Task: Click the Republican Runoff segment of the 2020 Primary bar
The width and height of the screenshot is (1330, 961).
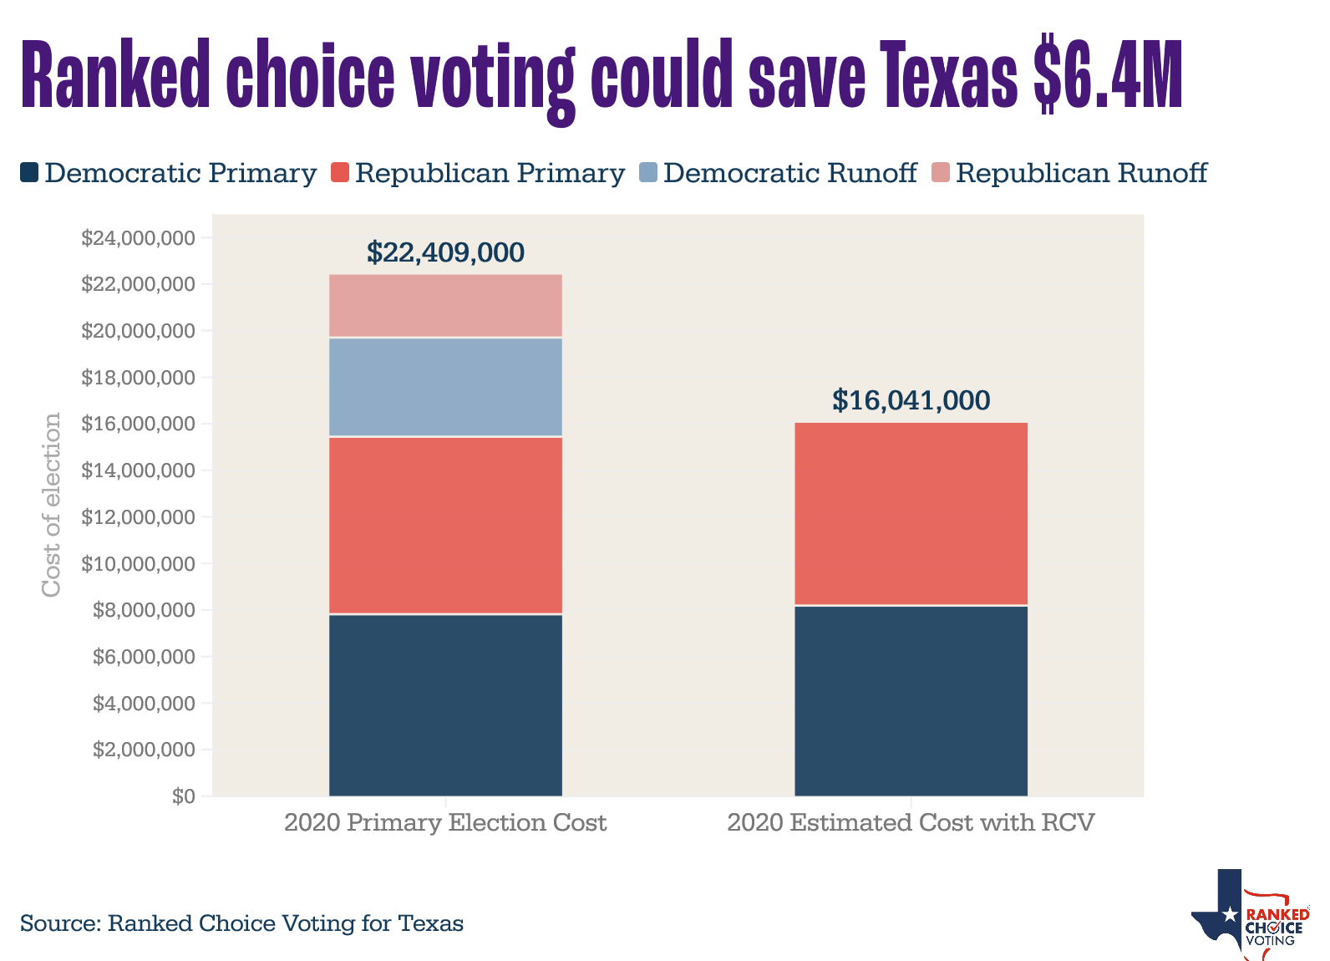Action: (445, 306)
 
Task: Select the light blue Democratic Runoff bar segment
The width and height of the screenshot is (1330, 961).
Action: (445, 387)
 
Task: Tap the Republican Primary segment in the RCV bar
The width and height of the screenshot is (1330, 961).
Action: (911, 513)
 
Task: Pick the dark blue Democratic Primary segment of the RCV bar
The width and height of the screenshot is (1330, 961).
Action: (911, 700)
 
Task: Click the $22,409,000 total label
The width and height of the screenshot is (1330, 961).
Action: (445, 252)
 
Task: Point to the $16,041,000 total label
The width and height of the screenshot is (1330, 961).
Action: (911, 401)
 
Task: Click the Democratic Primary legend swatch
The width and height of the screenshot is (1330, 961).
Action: (29, 173)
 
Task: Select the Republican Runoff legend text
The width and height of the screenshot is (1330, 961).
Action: (1081, 173)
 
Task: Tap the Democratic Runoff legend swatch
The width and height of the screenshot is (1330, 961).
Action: (648, 173)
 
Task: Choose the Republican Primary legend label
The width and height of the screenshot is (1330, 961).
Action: (490, 173)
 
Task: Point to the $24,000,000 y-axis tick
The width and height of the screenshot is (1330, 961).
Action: (138, 239)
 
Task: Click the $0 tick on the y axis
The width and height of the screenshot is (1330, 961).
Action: (184, 796)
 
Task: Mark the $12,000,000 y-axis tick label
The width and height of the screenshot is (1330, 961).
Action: (138, 517)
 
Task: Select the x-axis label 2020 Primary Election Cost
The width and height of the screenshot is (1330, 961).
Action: (445, 823)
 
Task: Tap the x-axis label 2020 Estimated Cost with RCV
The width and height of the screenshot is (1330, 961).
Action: (911, 823)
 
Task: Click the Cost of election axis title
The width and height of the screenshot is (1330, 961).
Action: (52, 505)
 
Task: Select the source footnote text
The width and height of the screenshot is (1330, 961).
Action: (241, 923)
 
